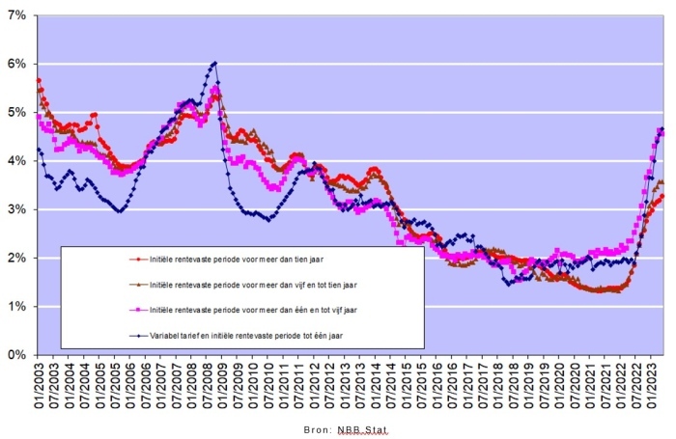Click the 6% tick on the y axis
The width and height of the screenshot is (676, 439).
click(17, 65)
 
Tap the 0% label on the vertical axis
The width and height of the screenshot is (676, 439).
click(17, 355)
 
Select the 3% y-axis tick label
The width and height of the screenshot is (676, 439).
click(17, 209)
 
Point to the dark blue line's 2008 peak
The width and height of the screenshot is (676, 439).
click(213, 63)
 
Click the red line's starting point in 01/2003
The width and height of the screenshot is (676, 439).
click(39, 80)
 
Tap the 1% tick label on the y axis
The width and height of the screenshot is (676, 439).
click(17, 307)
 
